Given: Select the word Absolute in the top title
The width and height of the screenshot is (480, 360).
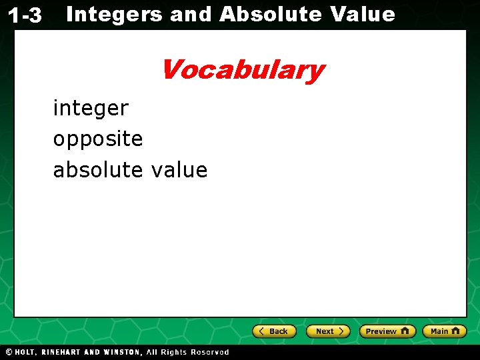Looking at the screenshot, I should pos(270,14).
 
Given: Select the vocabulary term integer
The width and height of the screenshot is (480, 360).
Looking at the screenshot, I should pos(91,108).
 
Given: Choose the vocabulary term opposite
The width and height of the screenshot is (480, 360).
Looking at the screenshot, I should pos(98,139).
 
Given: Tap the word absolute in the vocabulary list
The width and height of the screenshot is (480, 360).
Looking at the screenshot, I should pos(98,170).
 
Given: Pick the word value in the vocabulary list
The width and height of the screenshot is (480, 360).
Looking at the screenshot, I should pos(179,170).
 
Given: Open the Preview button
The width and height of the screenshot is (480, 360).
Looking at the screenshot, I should pos(387,331).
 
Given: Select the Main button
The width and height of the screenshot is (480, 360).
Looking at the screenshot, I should pos(444,331).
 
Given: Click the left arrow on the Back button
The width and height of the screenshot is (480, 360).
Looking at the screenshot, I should pos(262,331).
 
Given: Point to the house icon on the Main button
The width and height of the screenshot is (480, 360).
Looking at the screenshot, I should pos(455,331).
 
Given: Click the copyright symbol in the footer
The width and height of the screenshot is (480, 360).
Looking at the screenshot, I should pos(9,352).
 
